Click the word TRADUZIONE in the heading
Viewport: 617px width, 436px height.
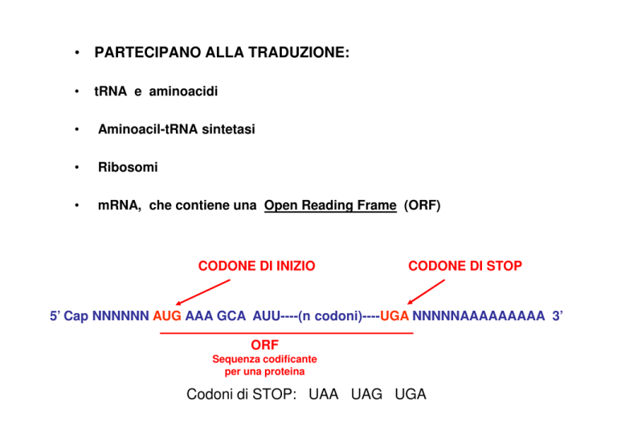[x=299, y=52]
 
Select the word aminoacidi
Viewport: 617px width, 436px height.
[x=183, y=92]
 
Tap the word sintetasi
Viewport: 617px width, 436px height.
[x=229, y=129]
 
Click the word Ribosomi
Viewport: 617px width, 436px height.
[x=128, y=167]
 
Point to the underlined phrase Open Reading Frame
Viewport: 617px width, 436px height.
[x=330, y=206]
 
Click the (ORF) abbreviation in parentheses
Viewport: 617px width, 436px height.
[x=423, y=206]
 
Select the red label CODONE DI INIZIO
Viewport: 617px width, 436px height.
[x=256, y=266]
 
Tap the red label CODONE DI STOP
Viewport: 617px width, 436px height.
[x=465, y=266]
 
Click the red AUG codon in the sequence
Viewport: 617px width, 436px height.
[x=167, y=316]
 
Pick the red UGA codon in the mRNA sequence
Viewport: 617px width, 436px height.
[x=394, y=316]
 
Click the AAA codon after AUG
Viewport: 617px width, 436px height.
[x=199, y=316]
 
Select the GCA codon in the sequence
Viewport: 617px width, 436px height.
[x=231, y=316]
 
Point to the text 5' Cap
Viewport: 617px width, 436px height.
[x=69, y=316]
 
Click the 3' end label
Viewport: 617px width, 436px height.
[x=558, y=316]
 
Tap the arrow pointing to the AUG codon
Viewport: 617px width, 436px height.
[x=202, y=292]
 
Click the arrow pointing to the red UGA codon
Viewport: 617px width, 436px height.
[x=426, y=291]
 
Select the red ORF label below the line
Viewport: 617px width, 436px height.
[x=265, y=344]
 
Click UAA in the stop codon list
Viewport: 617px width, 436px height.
[x=324, y=394]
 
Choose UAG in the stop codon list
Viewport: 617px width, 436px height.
[x=366, y=394]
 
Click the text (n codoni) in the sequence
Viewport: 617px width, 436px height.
[x=330, y=316]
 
